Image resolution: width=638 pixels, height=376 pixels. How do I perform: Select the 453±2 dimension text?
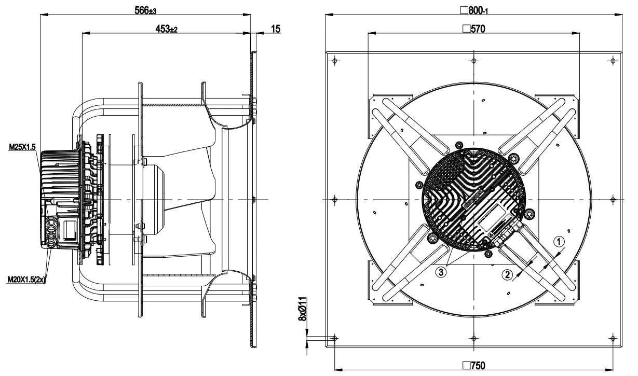click(x=167, y=30)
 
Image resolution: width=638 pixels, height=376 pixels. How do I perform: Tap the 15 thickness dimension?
click(x=276, y=29)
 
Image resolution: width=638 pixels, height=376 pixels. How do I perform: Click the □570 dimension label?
click(x=473, y=29)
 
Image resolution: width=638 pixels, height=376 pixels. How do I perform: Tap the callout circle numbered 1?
click(x=559, y=241)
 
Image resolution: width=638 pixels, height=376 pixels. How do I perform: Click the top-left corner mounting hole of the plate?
click(x=334, y=61)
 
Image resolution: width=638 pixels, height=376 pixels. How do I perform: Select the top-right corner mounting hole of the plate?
click(x=613, y=61)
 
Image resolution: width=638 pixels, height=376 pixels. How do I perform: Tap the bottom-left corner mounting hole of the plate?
click(x=334, y=338)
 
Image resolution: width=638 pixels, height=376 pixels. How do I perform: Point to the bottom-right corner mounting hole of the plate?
click(x=613, y=338)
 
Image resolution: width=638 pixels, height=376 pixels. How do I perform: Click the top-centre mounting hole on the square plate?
click(x=473, y=61)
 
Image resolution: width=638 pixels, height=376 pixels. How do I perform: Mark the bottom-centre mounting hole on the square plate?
click(x=473, y=338)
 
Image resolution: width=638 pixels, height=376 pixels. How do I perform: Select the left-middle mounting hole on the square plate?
click(x=334, y=200)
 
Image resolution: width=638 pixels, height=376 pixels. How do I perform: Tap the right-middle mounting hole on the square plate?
click(x=613, y=200)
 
